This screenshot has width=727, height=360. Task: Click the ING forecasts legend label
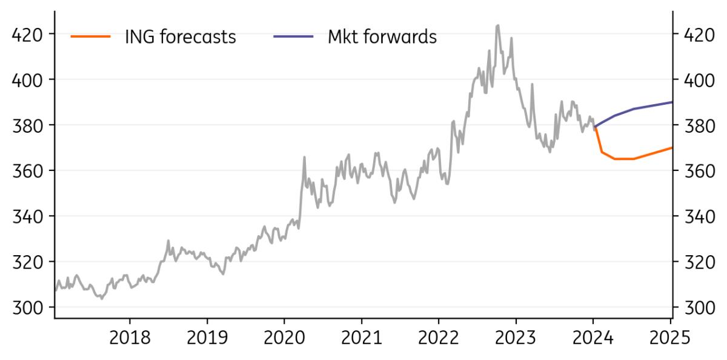tap(180, 37)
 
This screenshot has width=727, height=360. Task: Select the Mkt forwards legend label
tap(382, 37)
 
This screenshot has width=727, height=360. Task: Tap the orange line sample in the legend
tap(91, 37)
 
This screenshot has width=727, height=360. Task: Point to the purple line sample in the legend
tap(293, 37)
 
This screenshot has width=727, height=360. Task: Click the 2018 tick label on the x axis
tap(130, 337)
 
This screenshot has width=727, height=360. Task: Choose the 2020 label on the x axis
tap(284, 337)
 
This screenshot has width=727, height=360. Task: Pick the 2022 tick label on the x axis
tap(439, 337)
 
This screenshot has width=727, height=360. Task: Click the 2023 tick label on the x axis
tap(516, 337)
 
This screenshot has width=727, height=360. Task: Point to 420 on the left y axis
tap(28, 34)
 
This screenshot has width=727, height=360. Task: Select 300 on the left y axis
tap(28, 307)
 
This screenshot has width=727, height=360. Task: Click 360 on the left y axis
tap(28, 171)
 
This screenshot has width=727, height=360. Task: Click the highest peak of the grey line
tap(497, 25)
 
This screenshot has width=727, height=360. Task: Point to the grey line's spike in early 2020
tap(304, 157)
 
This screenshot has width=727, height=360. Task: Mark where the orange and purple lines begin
tap(594, 127)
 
